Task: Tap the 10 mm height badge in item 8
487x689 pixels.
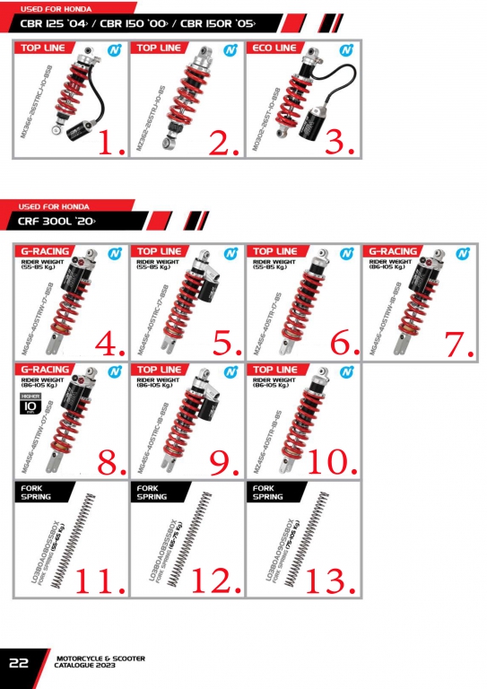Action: (x=29, y=408)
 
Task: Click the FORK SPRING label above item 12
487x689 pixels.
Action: (x=152, y=492)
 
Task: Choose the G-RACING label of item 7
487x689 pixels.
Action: (x=393, y=251)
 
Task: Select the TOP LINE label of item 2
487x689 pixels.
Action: (x=158, y=48)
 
